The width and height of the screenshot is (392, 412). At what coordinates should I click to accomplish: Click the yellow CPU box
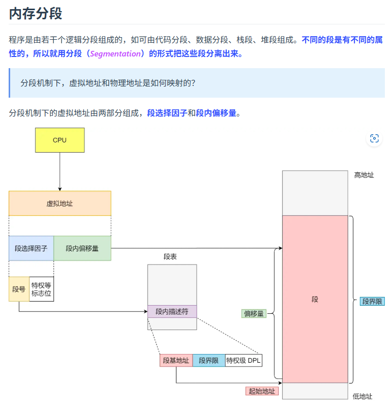59,140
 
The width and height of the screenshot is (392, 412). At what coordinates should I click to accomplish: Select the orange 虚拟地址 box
59,203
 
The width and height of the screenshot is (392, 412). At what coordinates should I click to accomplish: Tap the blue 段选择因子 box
31,248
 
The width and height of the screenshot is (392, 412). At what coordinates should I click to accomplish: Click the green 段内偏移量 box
82,248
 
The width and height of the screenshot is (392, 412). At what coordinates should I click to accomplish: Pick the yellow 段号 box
19,289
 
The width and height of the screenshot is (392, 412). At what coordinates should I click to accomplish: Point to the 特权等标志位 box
41,289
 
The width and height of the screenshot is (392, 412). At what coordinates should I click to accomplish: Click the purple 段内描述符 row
172,311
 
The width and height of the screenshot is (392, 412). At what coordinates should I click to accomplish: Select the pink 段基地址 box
176,361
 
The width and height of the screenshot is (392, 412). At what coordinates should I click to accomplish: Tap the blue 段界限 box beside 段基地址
208,361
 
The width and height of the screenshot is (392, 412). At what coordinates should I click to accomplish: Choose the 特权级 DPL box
244,361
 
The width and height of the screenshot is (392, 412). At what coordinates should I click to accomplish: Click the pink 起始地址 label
262,391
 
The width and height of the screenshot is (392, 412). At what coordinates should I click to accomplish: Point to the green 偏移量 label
254,313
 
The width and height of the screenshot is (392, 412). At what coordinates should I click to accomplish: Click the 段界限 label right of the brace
372,301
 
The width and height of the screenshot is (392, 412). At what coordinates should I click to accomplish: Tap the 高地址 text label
364,175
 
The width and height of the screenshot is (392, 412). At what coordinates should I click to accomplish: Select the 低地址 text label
363,396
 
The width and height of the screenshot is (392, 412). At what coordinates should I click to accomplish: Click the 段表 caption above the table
170,257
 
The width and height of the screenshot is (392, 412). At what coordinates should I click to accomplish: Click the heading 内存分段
36,14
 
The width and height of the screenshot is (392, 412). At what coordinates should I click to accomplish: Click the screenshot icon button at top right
375,138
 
